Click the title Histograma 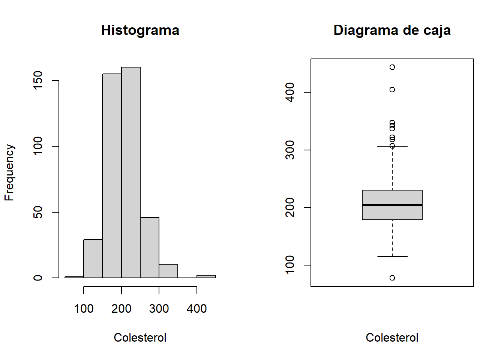point(140,30)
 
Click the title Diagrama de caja point(392,30)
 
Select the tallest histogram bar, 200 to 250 point(131,172)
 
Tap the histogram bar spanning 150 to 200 point(112,176)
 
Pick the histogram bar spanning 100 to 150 point(93,259)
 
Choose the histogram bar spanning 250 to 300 point(150,247)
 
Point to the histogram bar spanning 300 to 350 point(168,271)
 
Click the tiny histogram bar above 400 point(206,276)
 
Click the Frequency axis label point(9,172)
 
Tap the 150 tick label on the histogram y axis point(38,80)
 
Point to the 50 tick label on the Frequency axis point(38,212)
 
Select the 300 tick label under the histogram point(159,309)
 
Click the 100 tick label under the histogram point(84,309)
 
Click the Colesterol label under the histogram point(140,337)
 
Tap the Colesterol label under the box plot point(392,337)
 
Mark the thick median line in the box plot point(392,205)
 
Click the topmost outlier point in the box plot point(392,67)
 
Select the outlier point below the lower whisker point(392,278)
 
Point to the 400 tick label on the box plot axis point(290,92)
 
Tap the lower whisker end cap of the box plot point(392,256)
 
